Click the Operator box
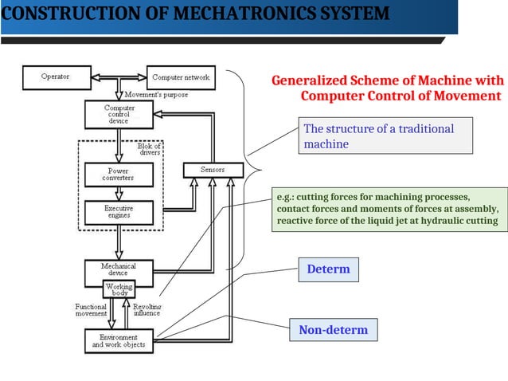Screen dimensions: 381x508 click(55, 77)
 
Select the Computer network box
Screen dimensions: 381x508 click(181, 77)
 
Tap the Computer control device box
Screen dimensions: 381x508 click(119, 114)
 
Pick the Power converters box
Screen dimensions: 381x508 click(119, 175)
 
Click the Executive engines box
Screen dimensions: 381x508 click(119, 212)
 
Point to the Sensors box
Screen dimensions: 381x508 click(213, 170)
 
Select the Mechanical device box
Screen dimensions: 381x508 click(119, 270)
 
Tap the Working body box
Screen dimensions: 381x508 click(119, 289)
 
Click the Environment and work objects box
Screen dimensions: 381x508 click(119, 341)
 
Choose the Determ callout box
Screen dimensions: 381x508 click(328, 269)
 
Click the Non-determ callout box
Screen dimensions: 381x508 click(333, 330)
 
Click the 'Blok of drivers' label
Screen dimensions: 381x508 click(149, 149)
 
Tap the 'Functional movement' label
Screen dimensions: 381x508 click(91, 310)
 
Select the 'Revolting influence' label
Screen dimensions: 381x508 click(147, 310)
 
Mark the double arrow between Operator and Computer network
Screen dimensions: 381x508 click(119, 78)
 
